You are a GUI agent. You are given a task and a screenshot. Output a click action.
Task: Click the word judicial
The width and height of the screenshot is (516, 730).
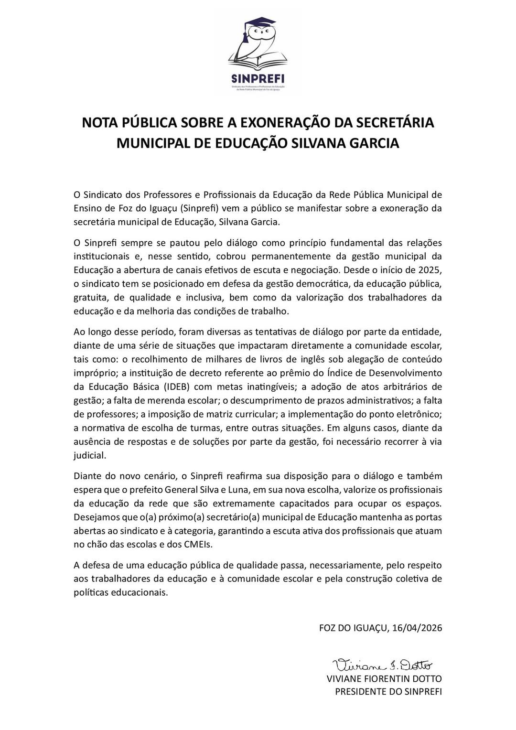(89, 455)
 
